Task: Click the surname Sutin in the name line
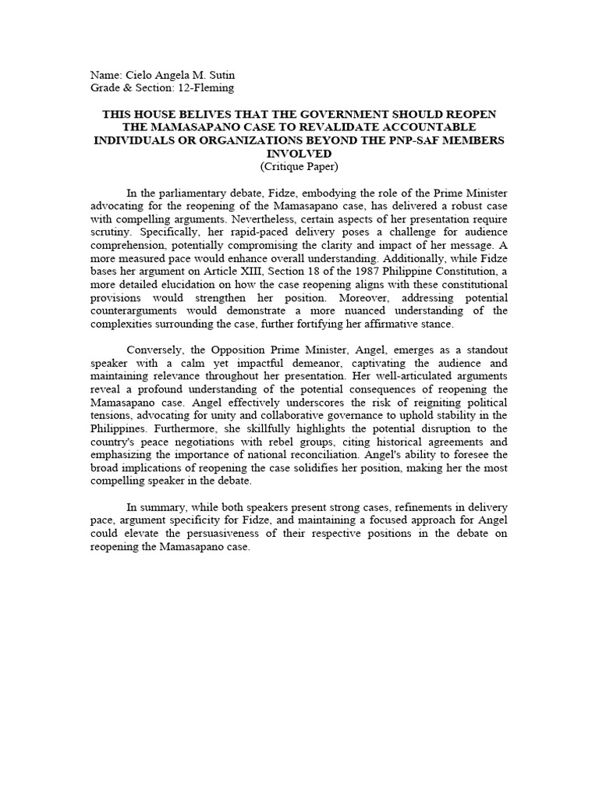pos(219,75)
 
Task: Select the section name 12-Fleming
pos(206,88)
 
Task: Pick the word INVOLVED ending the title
pos(299,153)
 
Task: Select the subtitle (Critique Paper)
pos(299,166)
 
